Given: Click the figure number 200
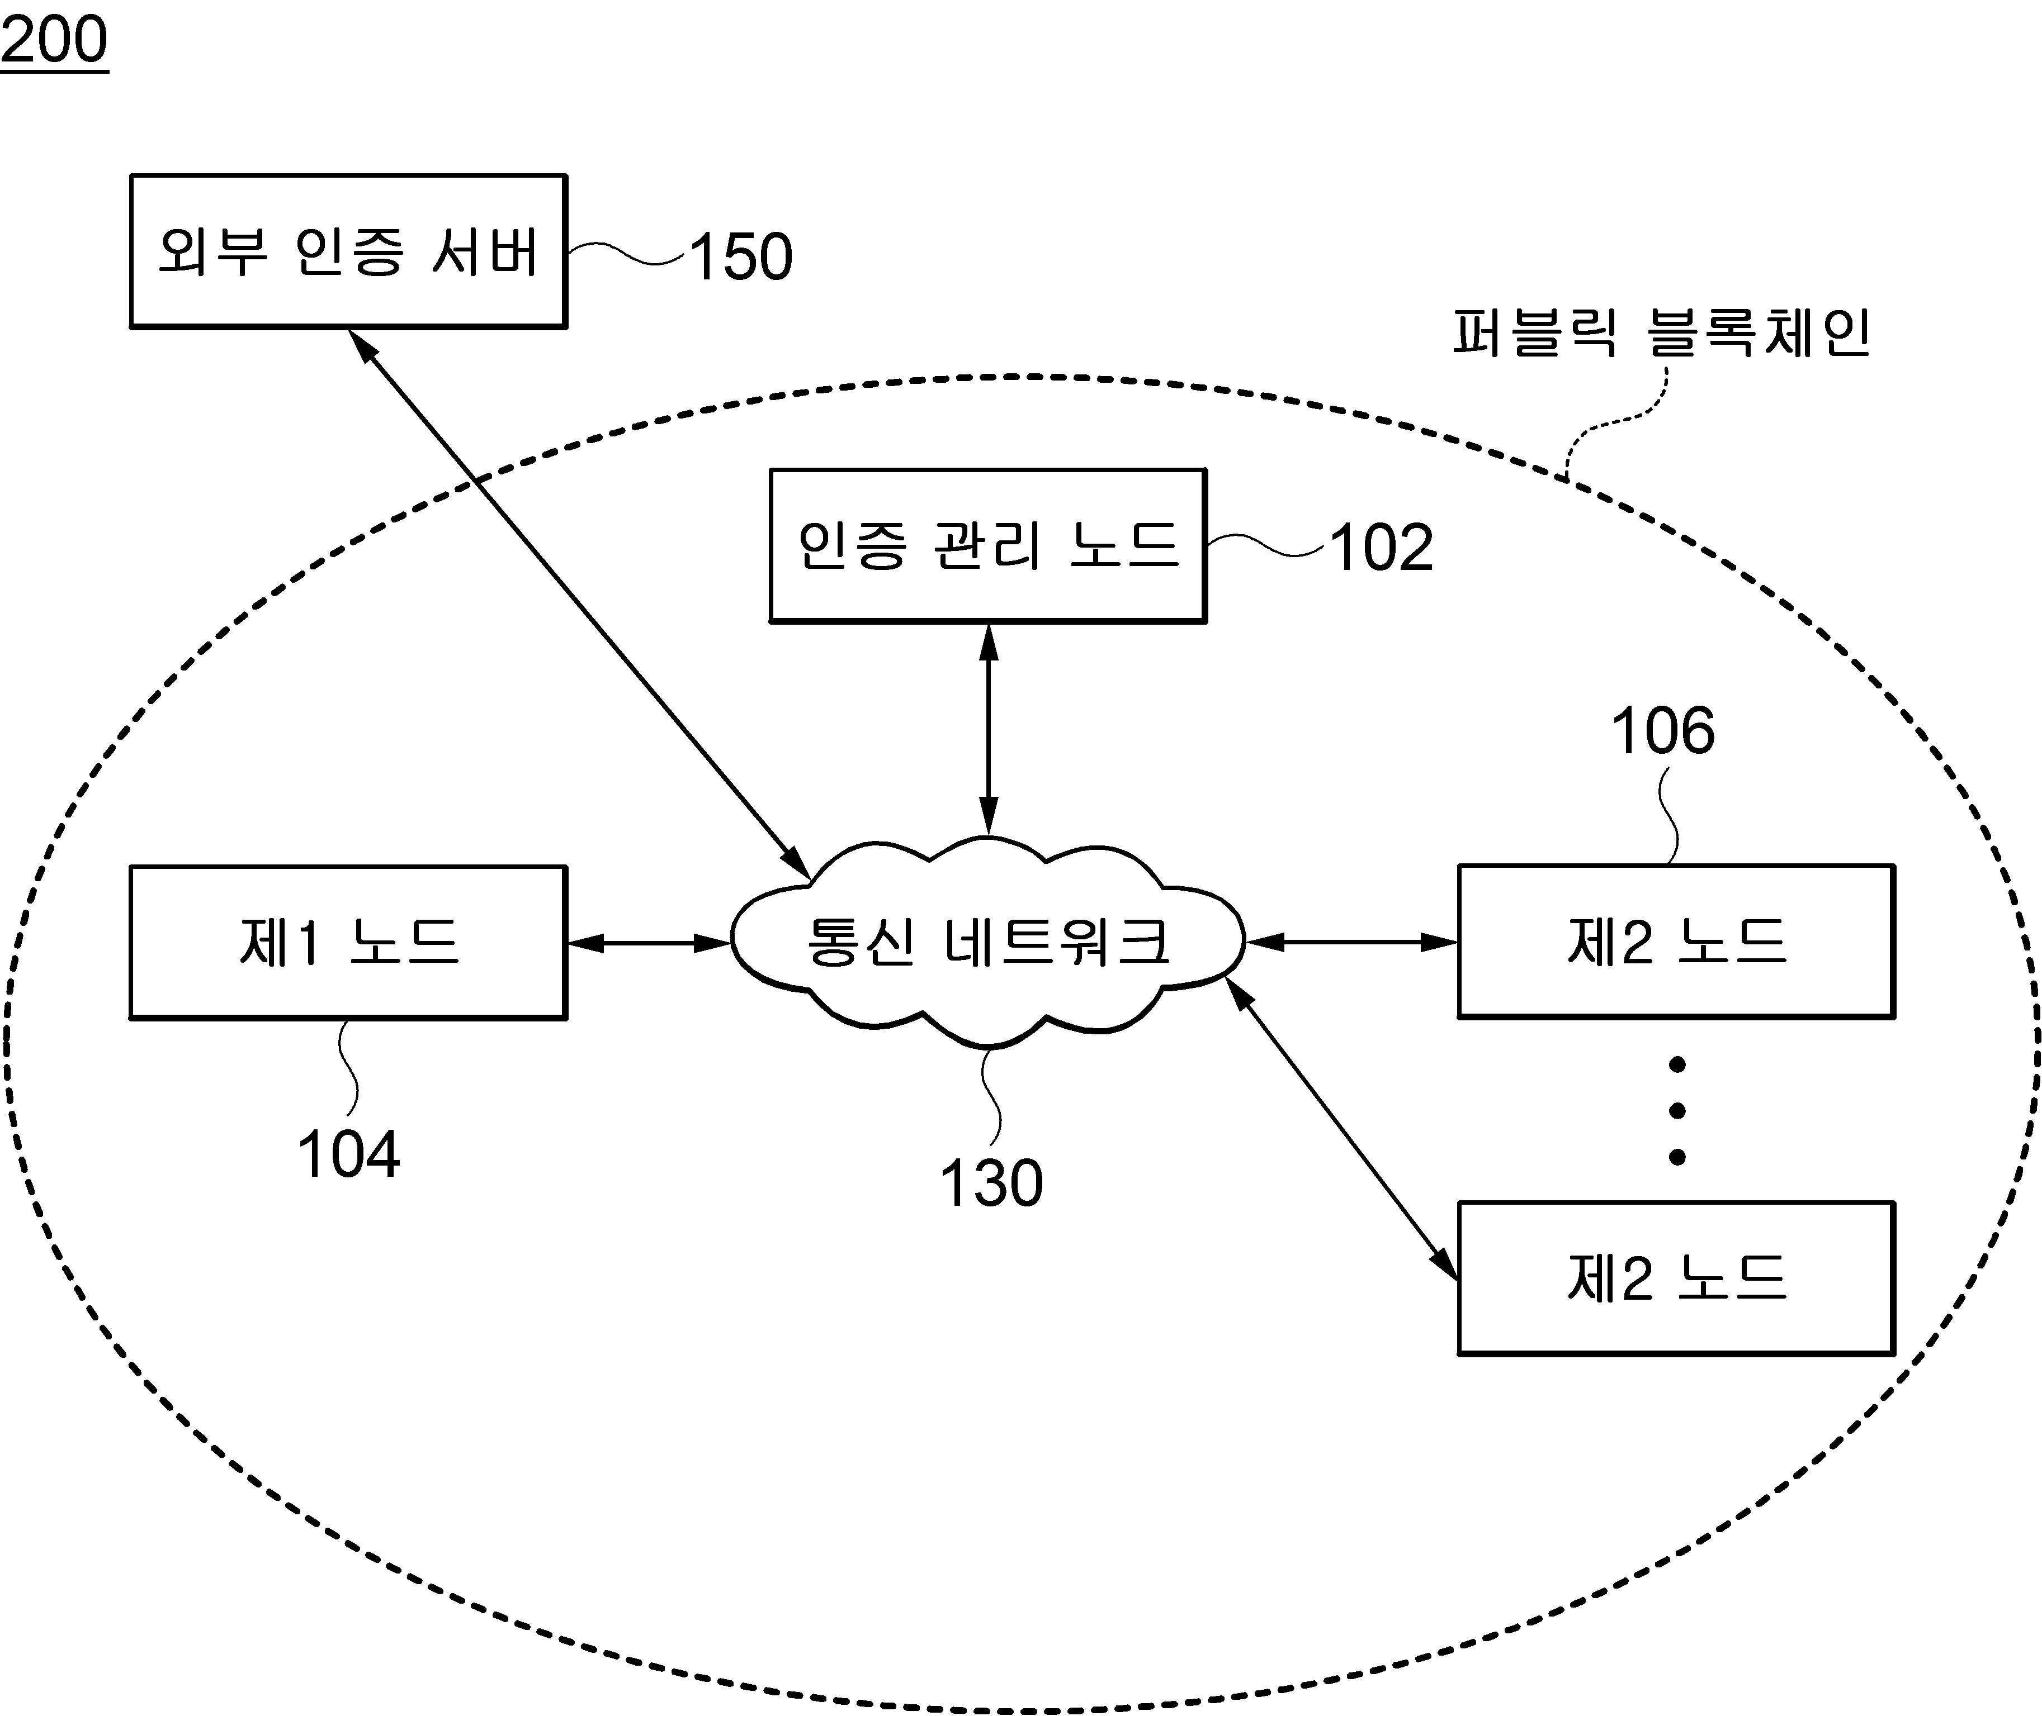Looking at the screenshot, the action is (x=54, y=41).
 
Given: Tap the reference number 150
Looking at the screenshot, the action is (x=741, y=257).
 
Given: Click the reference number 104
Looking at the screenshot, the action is (x=348, y=1154).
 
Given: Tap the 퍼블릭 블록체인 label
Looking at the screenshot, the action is (x=1661, y=334).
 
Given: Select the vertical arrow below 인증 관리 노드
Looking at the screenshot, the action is (x=989, y=730).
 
